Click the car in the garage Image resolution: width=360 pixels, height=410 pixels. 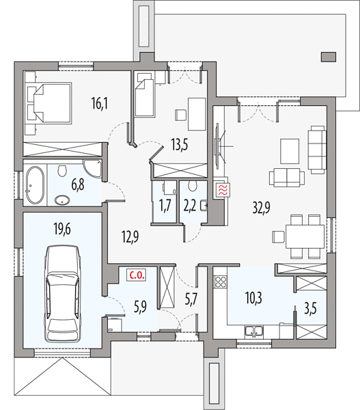62,294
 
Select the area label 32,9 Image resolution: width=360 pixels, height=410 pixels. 261,208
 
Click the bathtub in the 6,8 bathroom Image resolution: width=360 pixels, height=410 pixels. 35,185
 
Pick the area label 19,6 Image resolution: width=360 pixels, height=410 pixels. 62,230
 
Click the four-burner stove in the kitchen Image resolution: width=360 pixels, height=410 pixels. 221,282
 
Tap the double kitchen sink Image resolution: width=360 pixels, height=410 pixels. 253,331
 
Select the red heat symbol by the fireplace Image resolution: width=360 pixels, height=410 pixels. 222,190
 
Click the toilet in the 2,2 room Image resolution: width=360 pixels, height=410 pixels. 193,186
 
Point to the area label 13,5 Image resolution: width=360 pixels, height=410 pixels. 180,145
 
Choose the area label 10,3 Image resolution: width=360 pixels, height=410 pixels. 254,298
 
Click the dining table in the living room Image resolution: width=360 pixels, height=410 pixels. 305,236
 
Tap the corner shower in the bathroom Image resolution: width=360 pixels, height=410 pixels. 92,169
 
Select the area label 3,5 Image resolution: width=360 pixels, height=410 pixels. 310,309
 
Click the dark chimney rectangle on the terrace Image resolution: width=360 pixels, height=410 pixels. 329,57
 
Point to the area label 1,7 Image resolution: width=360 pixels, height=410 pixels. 165,205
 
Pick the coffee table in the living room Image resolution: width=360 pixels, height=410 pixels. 290,151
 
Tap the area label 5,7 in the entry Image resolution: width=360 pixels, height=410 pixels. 191,299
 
